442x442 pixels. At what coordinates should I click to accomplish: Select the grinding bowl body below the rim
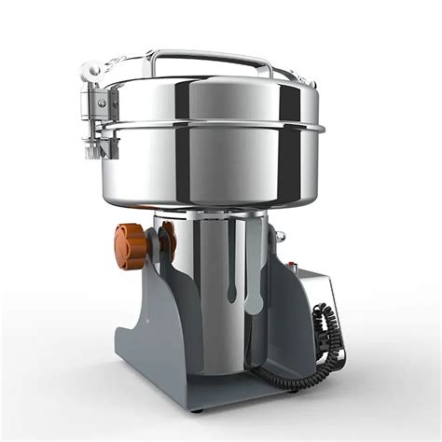point(224,168)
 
